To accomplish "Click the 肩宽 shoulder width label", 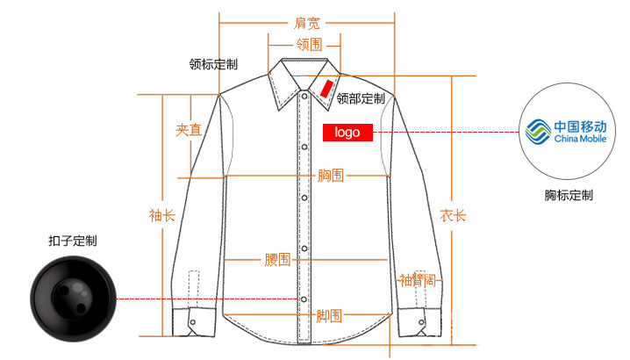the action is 306,23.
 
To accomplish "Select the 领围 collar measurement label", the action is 309,44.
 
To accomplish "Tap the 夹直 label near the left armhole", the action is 189,130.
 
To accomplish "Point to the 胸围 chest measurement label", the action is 330,176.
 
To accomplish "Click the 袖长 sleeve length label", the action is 162,216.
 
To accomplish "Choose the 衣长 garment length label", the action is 453,216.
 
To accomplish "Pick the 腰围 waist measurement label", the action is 277,259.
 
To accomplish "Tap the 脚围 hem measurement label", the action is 329,316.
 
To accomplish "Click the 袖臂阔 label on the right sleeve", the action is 418,280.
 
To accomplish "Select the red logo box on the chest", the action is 347,133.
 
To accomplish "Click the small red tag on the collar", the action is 326,89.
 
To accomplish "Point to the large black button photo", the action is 73,299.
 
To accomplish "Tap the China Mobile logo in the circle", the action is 566,132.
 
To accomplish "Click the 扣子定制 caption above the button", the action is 73,241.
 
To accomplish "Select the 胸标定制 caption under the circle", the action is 569,195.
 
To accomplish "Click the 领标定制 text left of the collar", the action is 213,64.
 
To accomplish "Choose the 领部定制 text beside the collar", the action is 361,98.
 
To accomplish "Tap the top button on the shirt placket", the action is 304,97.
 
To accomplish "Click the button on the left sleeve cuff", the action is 193,322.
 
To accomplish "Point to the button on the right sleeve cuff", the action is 421,322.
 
